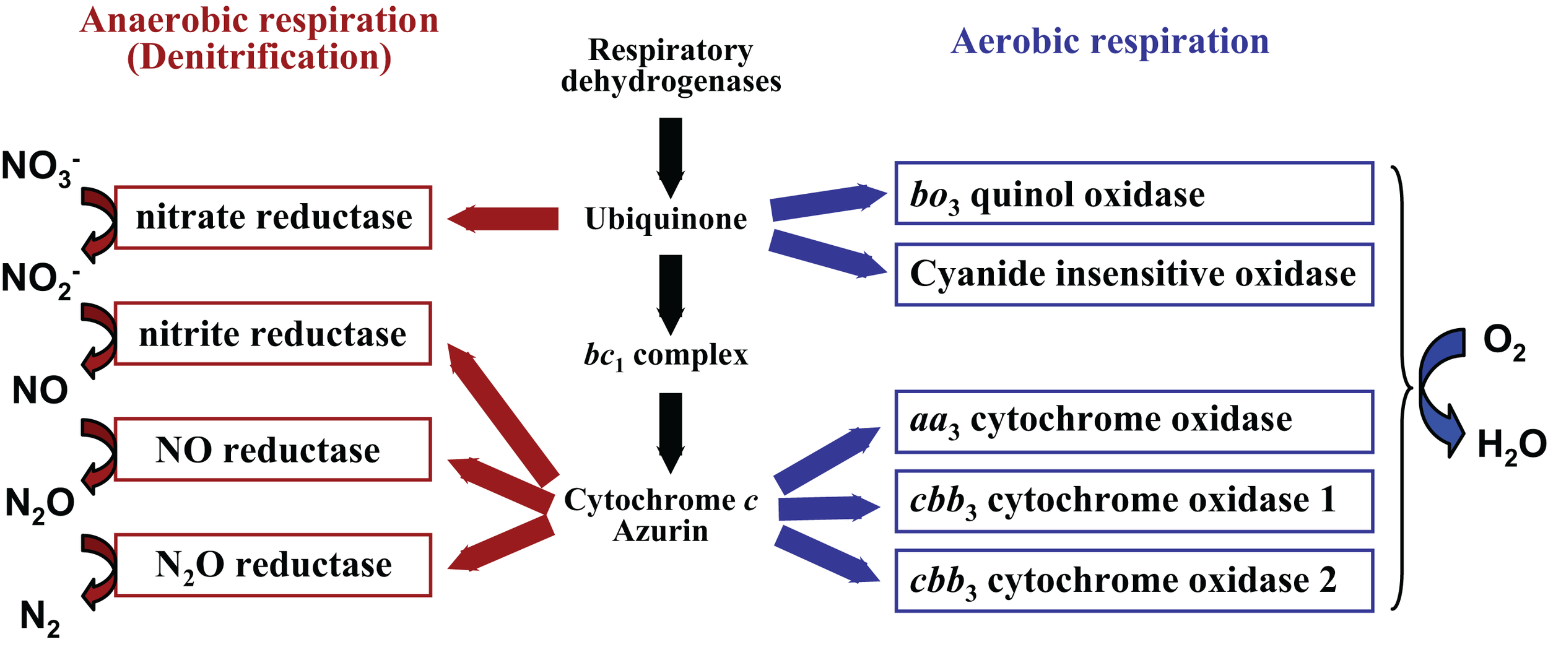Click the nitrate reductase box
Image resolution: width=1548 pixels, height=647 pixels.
click(273, 218)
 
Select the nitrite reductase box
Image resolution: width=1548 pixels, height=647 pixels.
click(273, 334)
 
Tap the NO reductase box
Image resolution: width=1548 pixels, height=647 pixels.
click(273, 450)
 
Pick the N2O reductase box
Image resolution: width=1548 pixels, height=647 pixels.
click(273, 565)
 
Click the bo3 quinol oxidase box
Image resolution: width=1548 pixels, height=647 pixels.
click(1134, 194)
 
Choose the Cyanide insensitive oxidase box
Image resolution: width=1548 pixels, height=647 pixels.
click(1134, 275)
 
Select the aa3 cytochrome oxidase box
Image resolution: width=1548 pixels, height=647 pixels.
click(1134, 422)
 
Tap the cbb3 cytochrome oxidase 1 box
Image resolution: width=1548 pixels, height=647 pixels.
click(1134, 501)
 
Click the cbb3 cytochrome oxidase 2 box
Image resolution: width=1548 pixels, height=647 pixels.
click(1134, 581)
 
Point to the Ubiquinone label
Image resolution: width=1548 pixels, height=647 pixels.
click(666, 219)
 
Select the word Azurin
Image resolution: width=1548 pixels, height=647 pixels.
click(661, 531)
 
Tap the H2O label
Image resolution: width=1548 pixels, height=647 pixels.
click(1511, 446)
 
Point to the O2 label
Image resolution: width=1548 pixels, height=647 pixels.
click(1503, 342)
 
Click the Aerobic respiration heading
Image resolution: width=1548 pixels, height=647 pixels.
click(1110, 42)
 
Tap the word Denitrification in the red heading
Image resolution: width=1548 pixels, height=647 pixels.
click(259, 58)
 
